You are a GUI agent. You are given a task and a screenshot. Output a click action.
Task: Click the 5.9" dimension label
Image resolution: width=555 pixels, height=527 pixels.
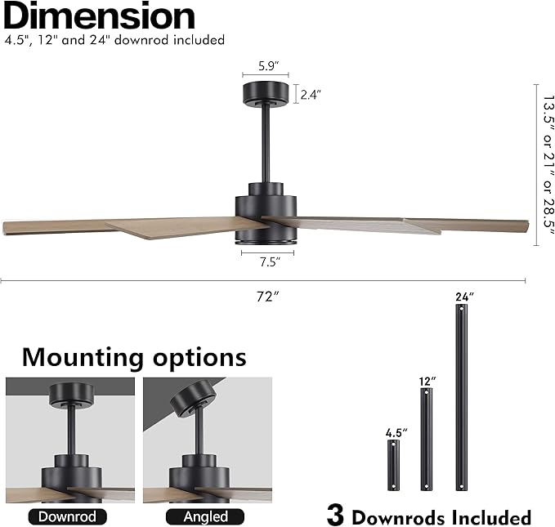(268, 66)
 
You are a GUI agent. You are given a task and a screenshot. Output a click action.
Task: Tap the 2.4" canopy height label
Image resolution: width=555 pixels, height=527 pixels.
(311, 95)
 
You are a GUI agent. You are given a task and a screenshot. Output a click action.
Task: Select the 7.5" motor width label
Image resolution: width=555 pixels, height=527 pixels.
(270, 262)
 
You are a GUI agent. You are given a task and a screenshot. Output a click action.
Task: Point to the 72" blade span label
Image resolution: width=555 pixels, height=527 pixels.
(267, 297)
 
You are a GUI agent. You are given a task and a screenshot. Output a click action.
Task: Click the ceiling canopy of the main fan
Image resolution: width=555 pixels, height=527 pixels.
(266, 93)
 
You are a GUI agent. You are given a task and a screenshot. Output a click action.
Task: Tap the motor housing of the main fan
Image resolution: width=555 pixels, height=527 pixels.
(266, 213)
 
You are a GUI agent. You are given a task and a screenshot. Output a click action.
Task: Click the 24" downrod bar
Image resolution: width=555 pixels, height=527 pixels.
(461, 397)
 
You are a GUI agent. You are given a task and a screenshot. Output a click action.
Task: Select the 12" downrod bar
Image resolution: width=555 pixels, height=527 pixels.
(426, 439)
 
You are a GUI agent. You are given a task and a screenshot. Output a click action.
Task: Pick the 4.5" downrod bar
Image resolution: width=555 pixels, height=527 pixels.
(393, 465)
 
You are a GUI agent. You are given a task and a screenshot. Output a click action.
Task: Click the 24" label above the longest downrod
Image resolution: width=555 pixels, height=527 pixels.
(464, 297)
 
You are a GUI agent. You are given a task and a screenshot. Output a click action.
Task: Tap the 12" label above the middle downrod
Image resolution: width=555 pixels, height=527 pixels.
(427, 382)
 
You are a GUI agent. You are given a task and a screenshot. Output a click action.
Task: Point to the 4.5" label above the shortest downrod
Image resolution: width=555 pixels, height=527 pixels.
(396, 432)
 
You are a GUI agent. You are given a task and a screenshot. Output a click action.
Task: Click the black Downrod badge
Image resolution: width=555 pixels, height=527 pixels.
(67, 516)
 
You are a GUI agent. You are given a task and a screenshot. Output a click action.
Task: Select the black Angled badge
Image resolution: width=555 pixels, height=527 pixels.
(205, 516)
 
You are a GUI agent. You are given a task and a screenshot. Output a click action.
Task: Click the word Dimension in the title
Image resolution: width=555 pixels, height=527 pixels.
(99, 16)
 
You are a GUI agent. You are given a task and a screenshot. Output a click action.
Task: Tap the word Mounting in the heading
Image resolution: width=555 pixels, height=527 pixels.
(83, 358)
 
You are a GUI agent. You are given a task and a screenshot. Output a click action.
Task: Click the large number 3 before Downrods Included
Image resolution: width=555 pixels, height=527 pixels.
(335, 515)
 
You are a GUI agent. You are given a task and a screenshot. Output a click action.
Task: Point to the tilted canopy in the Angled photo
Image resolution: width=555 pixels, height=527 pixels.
(193, 399)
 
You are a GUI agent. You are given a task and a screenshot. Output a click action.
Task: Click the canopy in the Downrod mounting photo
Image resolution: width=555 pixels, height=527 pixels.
(71, 395)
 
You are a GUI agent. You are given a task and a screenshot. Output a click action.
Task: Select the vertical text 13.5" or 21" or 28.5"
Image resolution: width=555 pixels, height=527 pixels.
(548, 165)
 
